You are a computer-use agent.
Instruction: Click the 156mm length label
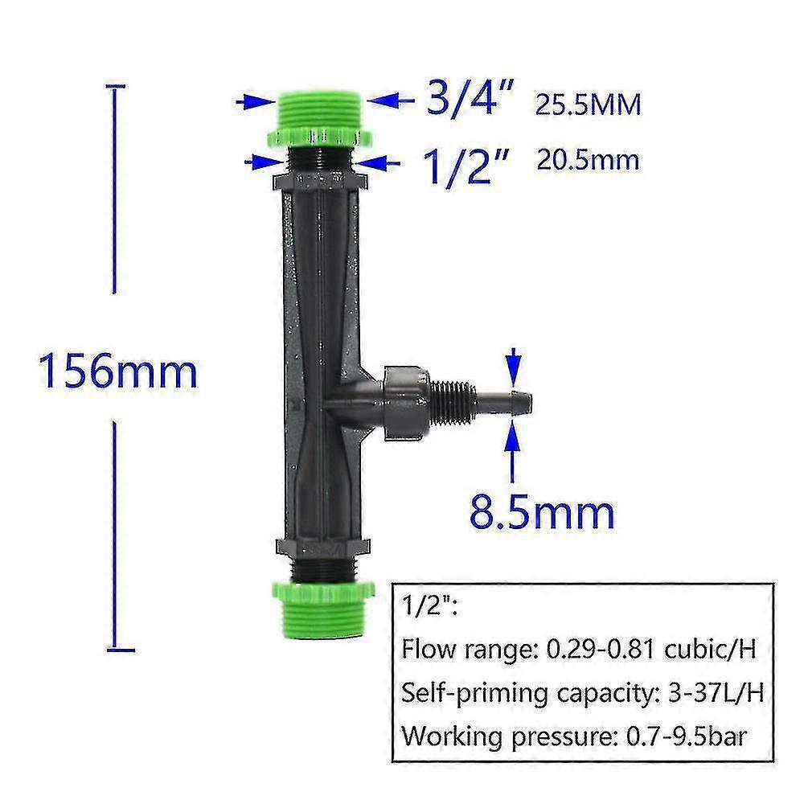click(x=119, y=372)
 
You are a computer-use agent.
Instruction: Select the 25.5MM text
click(x=589, y=105)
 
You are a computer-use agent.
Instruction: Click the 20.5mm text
click(x=588, y=160)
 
